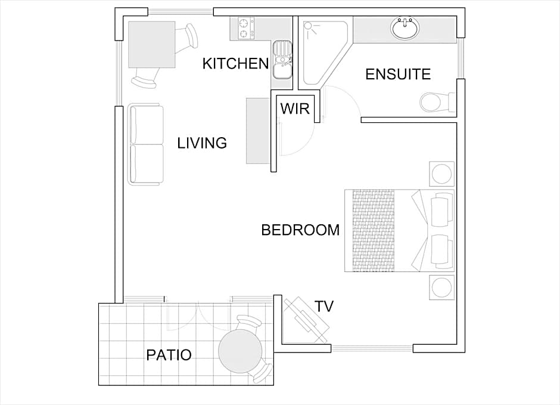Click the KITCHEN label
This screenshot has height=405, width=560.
pos(235,64)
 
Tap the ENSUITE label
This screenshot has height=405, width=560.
pos(398,74)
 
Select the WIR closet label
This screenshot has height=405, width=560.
pos(295,109)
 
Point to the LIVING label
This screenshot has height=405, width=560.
pos(202,143)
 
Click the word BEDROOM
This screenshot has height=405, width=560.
pos(300,230)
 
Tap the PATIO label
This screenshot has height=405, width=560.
pos(169,355)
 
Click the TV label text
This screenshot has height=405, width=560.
pos(324,307)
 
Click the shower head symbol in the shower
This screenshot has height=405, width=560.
pos(309,26)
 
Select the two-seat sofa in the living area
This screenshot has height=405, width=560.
pos(146,144)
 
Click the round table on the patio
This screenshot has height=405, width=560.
pos(240,352)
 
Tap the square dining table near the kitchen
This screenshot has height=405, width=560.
pos(152,45)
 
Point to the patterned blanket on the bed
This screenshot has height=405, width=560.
pos(374,231)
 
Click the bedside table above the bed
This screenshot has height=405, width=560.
pos(442,174)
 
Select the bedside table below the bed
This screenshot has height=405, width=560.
pos(442,287)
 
